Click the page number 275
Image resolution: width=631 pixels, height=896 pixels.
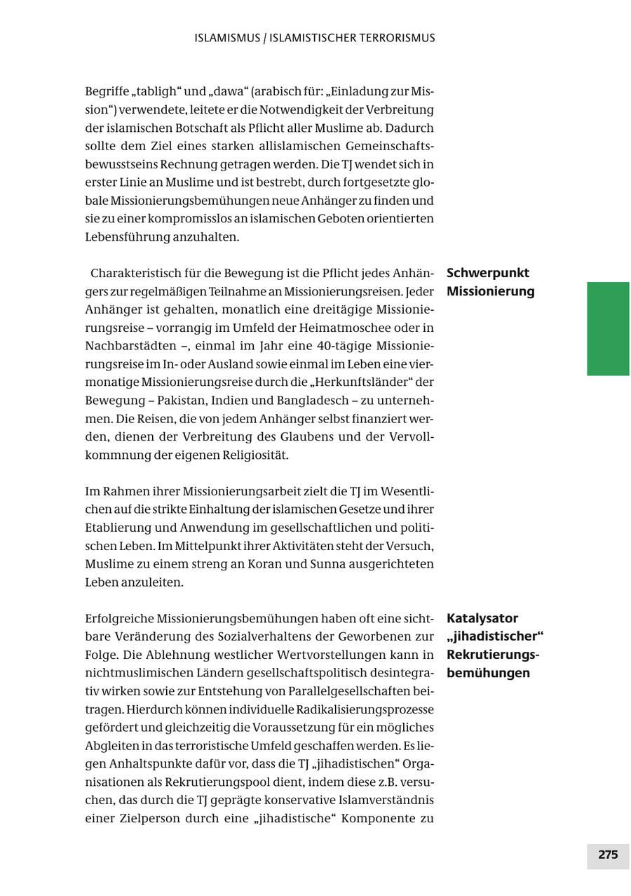pos(608,855)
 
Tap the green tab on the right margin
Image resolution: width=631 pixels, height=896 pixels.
pos(608,328)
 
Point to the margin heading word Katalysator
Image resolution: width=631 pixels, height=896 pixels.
pos(482,618)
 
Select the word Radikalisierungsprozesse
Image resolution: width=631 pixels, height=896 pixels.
pos(365,709)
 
